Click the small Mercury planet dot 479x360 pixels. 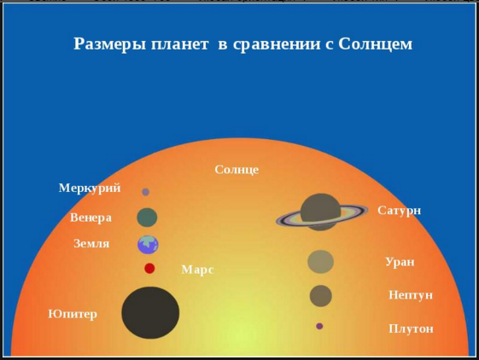[x=145, y=192]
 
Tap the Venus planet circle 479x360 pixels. [x=147, y=218]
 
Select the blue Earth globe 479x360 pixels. [x=148, y=245]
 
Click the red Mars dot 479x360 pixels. [x=149, y=269]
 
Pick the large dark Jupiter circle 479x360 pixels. [x=150, y=312]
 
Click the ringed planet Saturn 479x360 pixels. [x=320, y=212]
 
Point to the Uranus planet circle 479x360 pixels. [x=320, y=261]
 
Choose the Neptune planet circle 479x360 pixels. [x=320, y=296]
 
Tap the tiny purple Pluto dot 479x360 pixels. [x=319, y=326]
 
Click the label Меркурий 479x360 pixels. [x=90, y=189]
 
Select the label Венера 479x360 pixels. [x=91, y=218]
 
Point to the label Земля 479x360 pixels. [x=91, y=244]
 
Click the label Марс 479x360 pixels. [x=197, y=270]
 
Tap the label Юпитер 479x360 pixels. [x=73, y=314]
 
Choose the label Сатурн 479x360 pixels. [x=400, y=210]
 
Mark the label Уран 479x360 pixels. [x=400, y=262]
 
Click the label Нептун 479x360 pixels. [x=411, y=295]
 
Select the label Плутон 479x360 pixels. [x=411, y=328]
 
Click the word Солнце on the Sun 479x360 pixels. [x=237, y=170]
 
